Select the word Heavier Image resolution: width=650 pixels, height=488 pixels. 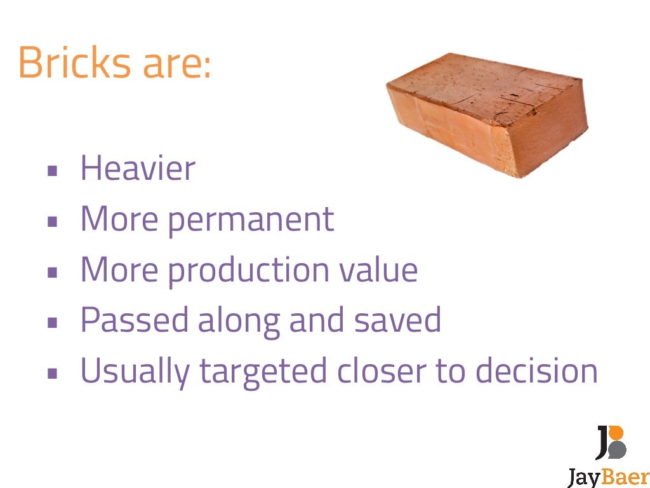point(138,168)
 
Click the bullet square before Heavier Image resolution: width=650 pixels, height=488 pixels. point(53,170)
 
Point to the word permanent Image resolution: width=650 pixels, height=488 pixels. point(251,220)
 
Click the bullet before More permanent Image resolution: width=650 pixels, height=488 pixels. point(53,222)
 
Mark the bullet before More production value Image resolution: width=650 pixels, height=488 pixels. point(53,272)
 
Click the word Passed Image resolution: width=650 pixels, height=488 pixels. point(134,320)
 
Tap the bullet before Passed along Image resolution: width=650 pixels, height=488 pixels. point(53,323)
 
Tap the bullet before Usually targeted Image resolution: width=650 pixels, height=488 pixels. point(53,374)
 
